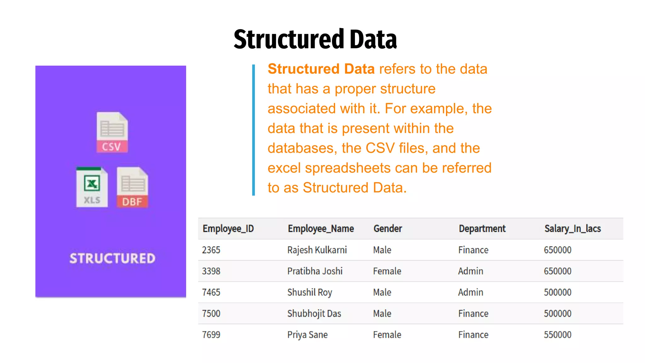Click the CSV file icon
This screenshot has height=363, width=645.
pos(112,132)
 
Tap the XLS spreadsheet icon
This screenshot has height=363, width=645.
pos(92,187)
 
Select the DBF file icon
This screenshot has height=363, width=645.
pos(132,187)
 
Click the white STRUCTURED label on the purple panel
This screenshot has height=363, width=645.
pos(112,258)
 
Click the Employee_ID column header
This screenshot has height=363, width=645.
pos(228,228)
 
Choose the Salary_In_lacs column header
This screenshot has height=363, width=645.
pos(573,228)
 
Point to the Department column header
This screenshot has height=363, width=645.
pos(482,228)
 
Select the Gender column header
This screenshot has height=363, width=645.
pos(388,228)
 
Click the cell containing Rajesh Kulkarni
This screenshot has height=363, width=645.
pos(317,250)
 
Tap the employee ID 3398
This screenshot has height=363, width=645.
pos(211,271)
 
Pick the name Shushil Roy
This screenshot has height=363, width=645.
pos(310,292)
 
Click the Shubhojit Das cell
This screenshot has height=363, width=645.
pos(314,314)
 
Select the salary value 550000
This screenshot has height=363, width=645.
pos(557,335)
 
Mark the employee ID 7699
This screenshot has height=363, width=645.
pos(211,335)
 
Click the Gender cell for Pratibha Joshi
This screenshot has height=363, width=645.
pos(387,271)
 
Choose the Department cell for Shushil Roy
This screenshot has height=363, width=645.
pos(471,292)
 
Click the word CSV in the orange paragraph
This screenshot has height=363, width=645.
pos(380,148)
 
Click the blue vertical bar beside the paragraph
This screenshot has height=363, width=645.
pos(254,130)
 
